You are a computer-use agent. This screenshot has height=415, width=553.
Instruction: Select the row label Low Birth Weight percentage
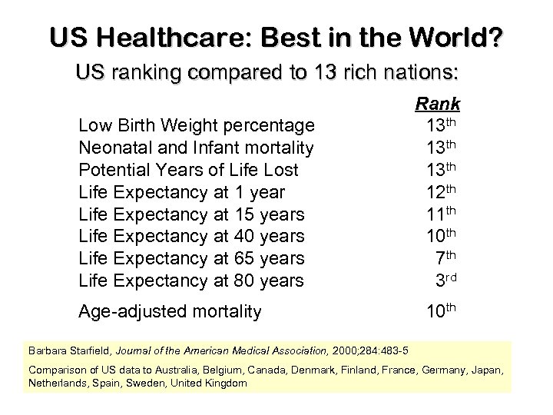click(x=197, y=124)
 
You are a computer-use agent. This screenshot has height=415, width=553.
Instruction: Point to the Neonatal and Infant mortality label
click(x=196, y=147)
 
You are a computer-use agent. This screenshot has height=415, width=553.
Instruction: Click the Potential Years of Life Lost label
click(x=189, y=169)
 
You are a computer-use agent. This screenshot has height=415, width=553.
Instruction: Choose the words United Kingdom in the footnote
click(x=211, y=382)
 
